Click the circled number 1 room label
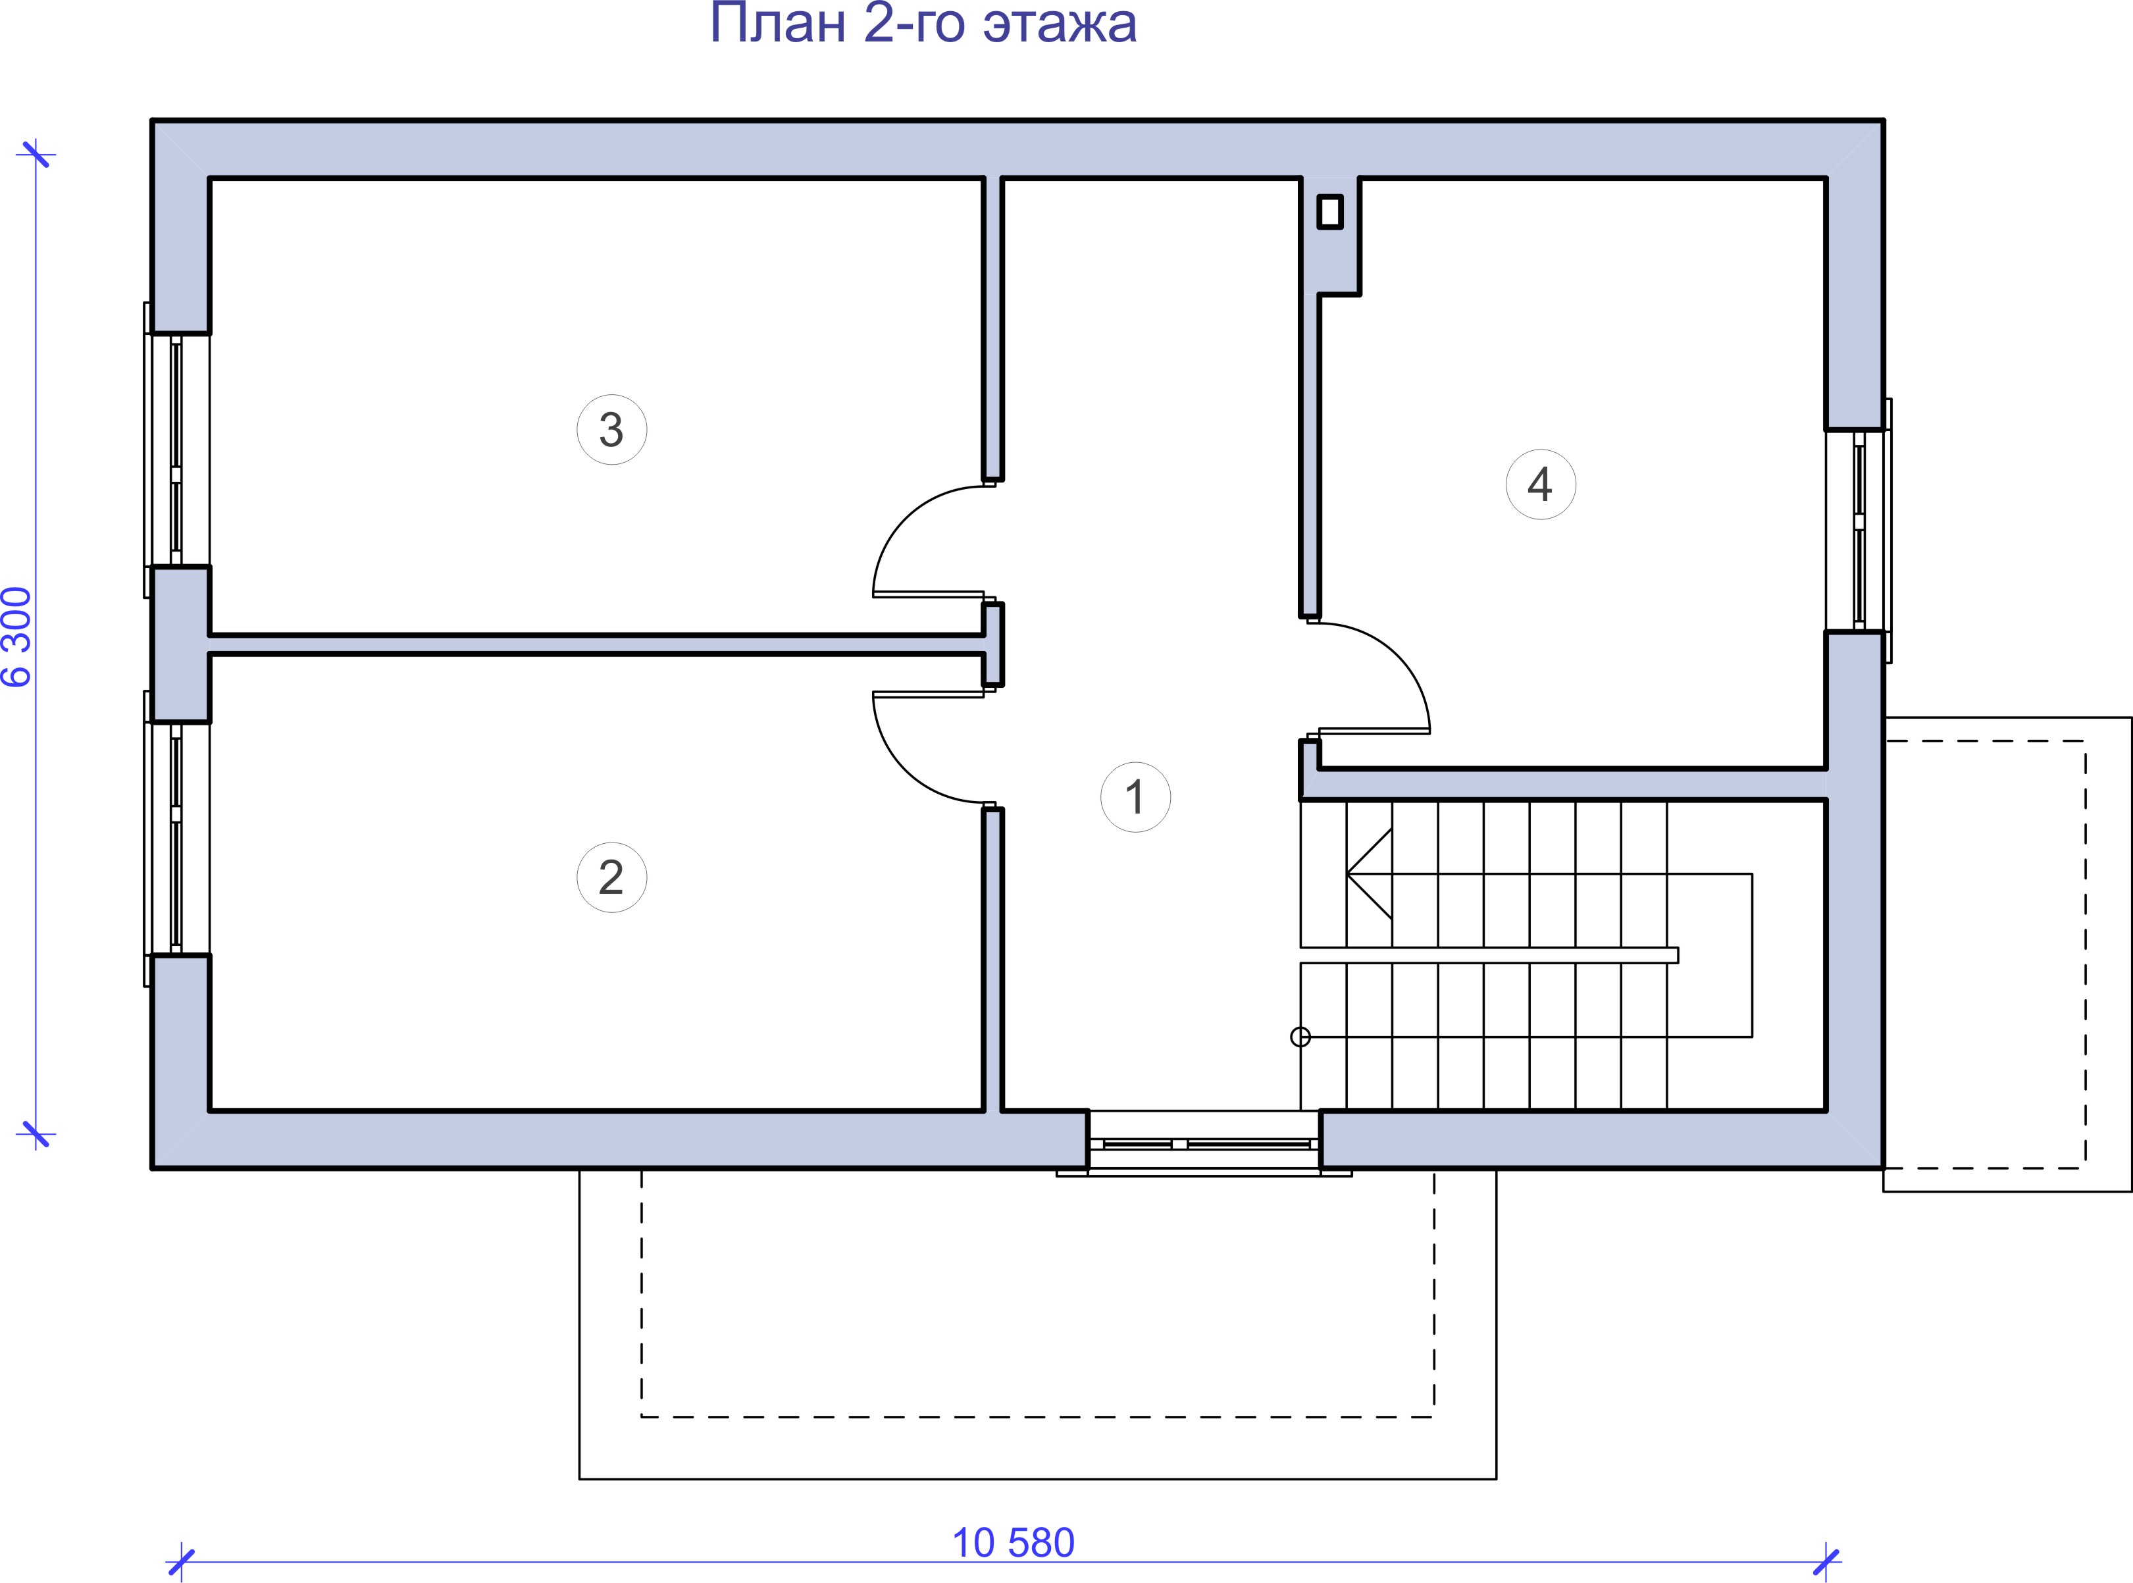click(1135, 797)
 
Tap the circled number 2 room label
click(611, 877)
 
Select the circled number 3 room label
click(611, 429)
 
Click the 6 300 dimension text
click(18, 637)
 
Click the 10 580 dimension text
click(1013, 1543)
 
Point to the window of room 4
click(1859, 530)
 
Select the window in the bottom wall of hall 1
click(1204, 1143)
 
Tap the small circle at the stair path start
click(1300, 1037)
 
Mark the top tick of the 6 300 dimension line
click(36, 154)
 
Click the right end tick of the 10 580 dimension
click(1826, 1562)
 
